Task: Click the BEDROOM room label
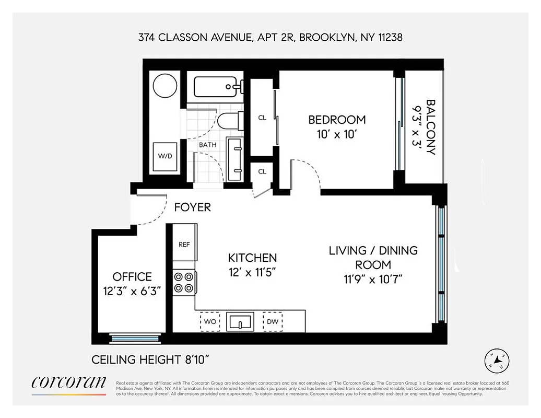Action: [x=337, y=120]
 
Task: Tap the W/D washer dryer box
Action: [x=164, y=155]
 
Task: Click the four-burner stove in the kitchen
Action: [x=184, y=282]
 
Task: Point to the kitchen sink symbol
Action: [x=240, y=321]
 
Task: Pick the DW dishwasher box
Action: [x=273, y=321]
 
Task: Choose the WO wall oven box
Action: [x=210, y=321]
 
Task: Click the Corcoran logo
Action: [x=68, y=383]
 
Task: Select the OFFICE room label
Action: [x=132, y=277]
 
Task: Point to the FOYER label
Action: [x=192, y=207]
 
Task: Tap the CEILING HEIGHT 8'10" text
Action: [x=151, y=360]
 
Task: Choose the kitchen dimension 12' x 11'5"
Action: [x=252, y=272]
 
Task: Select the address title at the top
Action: [x=270, y=38]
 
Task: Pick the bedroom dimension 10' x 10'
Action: [x=337, y=134]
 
